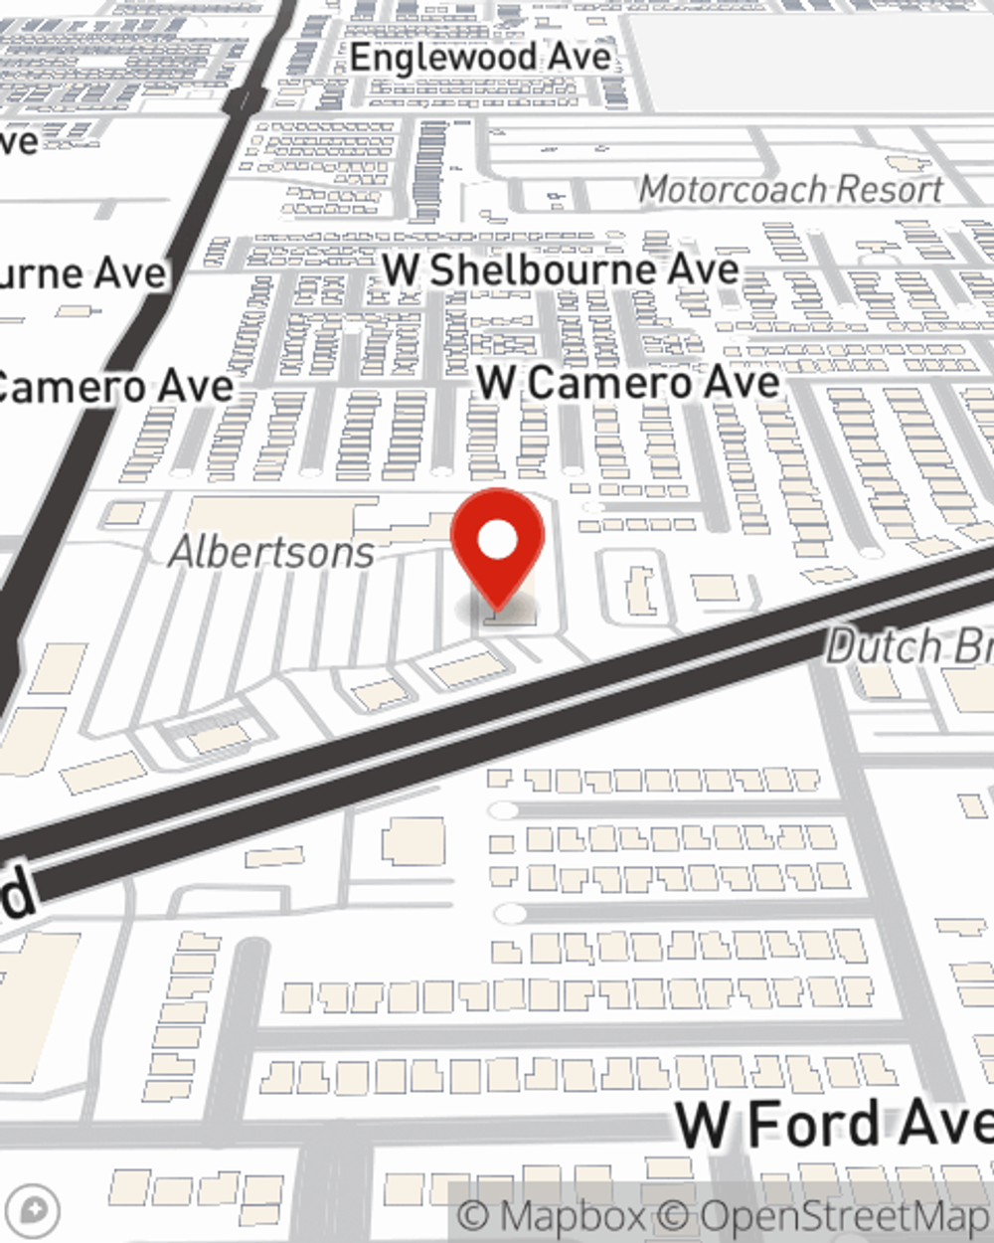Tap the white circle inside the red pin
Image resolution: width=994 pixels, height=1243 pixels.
coord(498,541)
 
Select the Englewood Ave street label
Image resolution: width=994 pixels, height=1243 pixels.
coord(480,58)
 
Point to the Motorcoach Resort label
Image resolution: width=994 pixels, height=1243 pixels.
coord(790,188)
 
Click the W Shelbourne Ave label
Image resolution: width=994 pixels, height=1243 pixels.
coord(561,269)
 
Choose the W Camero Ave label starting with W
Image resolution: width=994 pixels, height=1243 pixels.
coord(628,383)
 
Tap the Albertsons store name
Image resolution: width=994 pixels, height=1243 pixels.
coord(271,552)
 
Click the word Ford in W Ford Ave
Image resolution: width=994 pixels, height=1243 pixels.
coord(813,1124)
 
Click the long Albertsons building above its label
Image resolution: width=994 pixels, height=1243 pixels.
coord(278,515)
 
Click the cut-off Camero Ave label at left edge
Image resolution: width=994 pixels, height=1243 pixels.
coord(114,387)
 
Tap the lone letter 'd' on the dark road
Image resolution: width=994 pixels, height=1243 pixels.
coord(18,894)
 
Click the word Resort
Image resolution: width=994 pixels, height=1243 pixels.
coord(888,188)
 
